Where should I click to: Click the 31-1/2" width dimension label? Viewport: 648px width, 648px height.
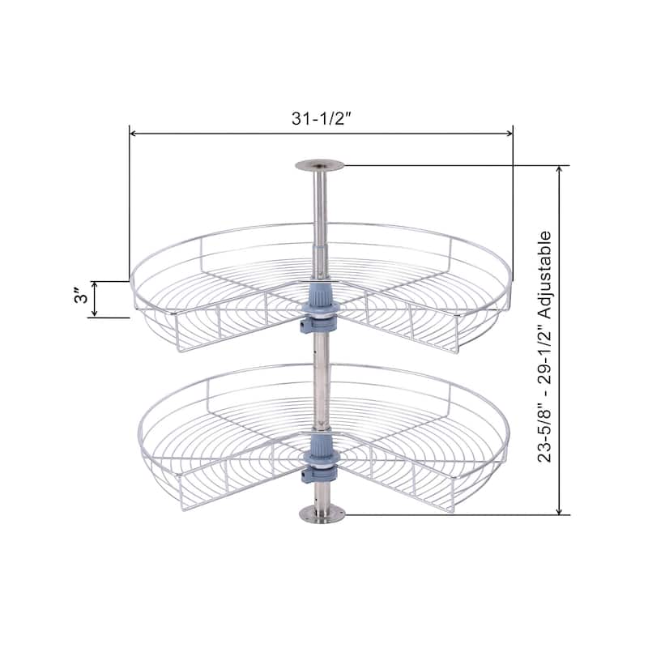pyautogui.click(x=322, y=117)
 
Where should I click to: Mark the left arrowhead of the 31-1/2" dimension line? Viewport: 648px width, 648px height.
pyautogui.click(x=134, y=133)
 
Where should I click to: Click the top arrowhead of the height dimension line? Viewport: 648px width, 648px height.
pyautogui.click(x=559, y=171)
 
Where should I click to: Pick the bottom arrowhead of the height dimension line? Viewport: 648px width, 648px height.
pyautogui.click(x=559, y=509)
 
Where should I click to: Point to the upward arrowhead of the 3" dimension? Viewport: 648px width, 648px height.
pyautogui.click(x=96, y=286)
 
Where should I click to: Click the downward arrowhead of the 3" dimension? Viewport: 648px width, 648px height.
pyautogui.click(x=96, y=313)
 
